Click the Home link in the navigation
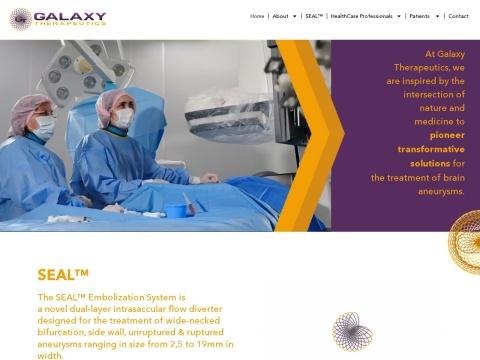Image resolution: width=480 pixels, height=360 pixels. click(x=257, y=16)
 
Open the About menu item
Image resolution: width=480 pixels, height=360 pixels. click(x=280, y=16)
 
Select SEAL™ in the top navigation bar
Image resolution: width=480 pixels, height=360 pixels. click(x=314, y=16)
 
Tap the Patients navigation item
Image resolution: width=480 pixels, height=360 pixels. click(x=419, y=16)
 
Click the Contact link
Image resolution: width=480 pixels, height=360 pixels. click(x=458, y=16)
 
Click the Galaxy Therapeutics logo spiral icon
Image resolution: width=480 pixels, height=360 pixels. click(x=20, y=19)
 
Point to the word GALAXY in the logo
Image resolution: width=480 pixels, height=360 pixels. click(x=69, y=16)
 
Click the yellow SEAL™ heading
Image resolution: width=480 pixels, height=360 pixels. click(x=64, y=274)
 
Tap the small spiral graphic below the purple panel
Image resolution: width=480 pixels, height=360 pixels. click(x=352, y=331)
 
